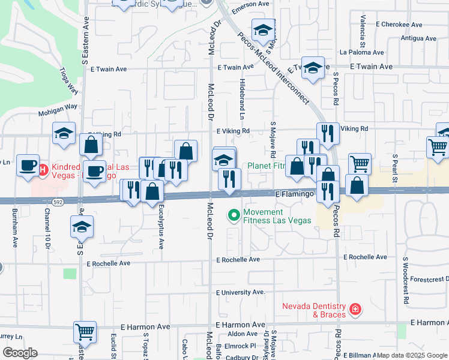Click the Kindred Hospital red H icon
point(43,170)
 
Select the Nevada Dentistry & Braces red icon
point(355,309)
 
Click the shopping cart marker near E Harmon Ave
point(85,331)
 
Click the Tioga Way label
point(68,80)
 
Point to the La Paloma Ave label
point(363,52)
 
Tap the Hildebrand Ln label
point(243,94)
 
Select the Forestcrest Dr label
point(427,278)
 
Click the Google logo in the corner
point(20,352)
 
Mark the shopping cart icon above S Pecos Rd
point(360,163)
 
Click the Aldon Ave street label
point(242,334)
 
